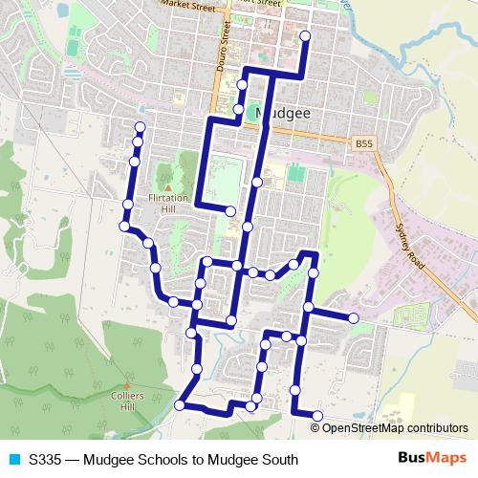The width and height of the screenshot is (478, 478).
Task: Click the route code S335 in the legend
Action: point(47,460)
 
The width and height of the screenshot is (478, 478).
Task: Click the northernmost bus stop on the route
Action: point(305,36)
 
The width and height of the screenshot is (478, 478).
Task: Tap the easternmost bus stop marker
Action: point(353,317)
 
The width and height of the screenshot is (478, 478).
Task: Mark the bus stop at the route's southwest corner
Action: point(179,405)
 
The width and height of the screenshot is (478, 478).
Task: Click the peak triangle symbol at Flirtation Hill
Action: point(168,188)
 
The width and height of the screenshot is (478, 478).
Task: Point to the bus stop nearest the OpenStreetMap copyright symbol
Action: point(317,415)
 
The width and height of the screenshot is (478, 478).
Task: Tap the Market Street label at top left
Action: point(185,4)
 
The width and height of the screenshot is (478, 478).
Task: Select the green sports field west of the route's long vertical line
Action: point(228,177)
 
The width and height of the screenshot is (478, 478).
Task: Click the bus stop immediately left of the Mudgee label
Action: point(240,111)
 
